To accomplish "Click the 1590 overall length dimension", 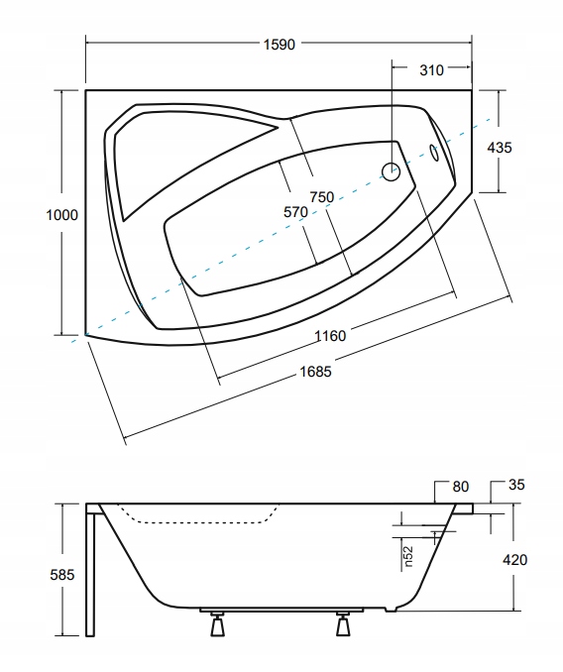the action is coord(279,45).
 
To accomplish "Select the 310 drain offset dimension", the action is coord(431,69).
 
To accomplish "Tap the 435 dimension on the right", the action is coord(500,148).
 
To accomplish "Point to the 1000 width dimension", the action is coord(62,215).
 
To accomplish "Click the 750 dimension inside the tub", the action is coord(322,196).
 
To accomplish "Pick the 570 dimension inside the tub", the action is coord(295,212).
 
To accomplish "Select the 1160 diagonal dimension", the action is coord(330,336).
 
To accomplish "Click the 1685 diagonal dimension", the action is coord(315,371).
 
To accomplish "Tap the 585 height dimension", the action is coord(62,574).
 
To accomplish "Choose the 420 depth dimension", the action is coord(514,560).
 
